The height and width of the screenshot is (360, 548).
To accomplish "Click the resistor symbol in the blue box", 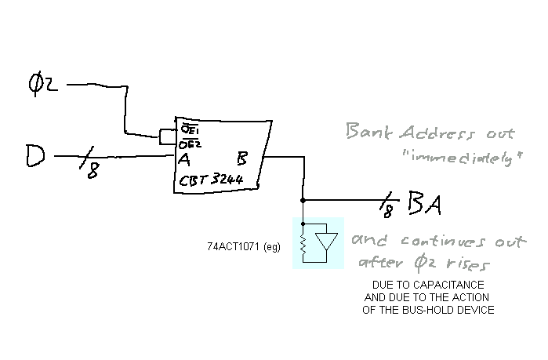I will point(303,244).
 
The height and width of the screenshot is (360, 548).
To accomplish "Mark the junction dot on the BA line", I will point(303,200).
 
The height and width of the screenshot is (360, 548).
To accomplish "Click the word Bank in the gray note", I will point(365,132).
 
